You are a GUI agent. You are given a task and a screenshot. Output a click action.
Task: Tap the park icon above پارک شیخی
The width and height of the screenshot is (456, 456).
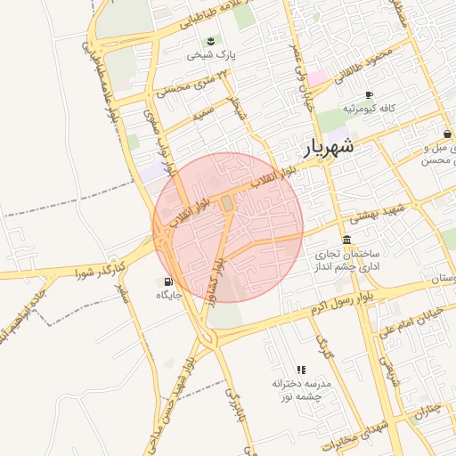pos(210,41)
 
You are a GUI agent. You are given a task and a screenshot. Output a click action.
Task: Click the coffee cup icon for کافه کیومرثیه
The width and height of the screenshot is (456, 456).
pos(370,95)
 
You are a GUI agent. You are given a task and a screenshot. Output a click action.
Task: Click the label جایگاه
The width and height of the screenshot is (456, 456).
pos(169,295)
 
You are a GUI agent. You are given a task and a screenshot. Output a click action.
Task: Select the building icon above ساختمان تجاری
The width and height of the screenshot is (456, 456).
pos(346,240)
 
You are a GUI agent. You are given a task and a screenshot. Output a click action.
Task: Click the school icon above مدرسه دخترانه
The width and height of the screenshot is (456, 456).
pos(301,369)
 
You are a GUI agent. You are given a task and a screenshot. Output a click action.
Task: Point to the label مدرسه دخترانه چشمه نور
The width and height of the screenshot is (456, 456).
pos(301,389)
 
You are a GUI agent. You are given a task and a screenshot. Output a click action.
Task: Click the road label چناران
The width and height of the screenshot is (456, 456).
pos(427,411)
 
